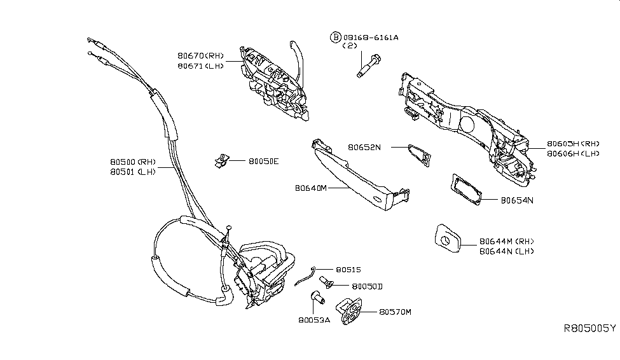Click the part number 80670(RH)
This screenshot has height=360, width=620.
pos(201,56)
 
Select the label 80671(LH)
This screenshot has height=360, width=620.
pos(201,66)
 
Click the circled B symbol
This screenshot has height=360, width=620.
pos(334,38)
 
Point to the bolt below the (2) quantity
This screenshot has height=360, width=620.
pos(368,66)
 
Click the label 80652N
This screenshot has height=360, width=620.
pos(364,147)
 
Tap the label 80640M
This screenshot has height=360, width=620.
pos(312,188)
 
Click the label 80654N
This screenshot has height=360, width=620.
pos(516,200)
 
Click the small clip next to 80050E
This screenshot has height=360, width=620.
pos(223,161)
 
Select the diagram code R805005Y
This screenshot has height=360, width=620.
pos(590,328)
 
